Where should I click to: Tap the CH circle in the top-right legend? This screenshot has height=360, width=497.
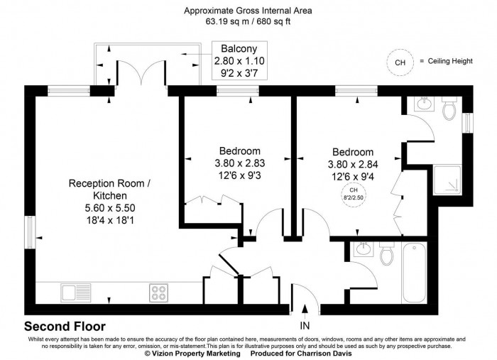coord(400,62)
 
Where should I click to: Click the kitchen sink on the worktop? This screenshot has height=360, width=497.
coord(74,291)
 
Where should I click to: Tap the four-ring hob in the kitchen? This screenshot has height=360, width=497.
coord(158,291)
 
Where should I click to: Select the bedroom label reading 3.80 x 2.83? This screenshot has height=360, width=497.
coord(239,163)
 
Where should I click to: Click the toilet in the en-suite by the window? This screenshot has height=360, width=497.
coord(449,110)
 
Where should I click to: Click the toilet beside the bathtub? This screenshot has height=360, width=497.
coord(386,253)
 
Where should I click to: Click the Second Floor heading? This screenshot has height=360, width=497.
coord(65,327)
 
